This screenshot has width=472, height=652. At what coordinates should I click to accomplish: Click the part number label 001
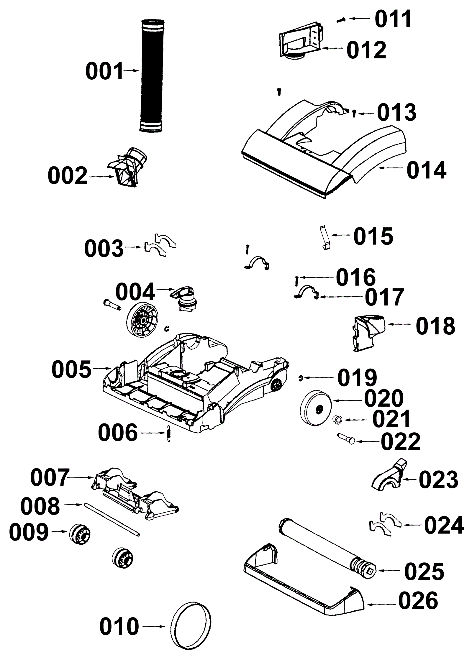[x=104, y=71]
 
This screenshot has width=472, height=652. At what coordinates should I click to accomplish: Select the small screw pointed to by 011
[x=342, y=20]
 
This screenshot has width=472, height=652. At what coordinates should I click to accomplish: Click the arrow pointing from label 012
[x=333, y=48]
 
